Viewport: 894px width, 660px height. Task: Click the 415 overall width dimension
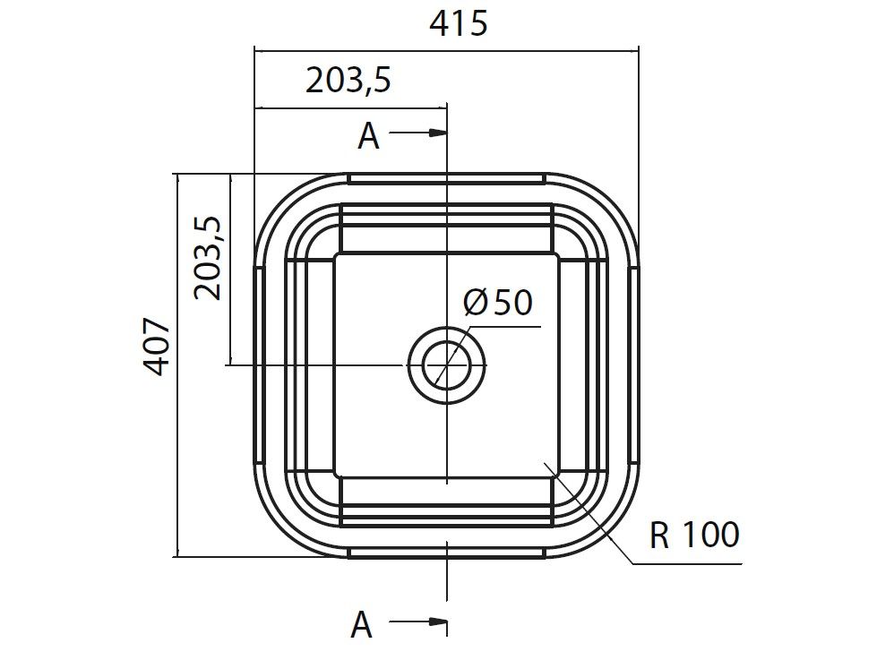(458, 23)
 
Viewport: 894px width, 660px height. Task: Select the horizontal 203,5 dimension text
(348, 81)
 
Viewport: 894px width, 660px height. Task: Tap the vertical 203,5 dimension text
(208, 258)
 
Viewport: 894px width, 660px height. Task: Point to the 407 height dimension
(157, 347)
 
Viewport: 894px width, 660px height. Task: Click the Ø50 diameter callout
(498, 302)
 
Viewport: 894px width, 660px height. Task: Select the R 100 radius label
(694, 536)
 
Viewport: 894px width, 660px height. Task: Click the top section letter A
(368, 136)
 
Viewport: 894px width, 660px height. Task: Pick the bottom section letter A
(361, 625)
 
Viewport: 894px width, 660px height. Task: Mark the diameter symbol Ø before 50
(477, 303)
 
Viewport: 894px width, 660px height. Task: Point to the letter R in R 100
(660, 536)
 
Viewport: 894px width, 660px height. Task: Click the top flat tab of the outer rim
(446, 178)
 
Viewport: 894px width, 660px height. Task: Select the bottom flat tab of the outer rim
(446, 553)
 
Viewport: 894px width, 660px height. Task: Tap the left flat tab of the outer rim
(258, 365)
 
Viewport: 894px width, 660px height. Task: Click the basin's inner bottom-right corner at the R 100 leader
(548, 466)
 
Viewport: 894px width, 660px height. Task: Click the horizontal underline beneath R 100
(687, 564)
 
